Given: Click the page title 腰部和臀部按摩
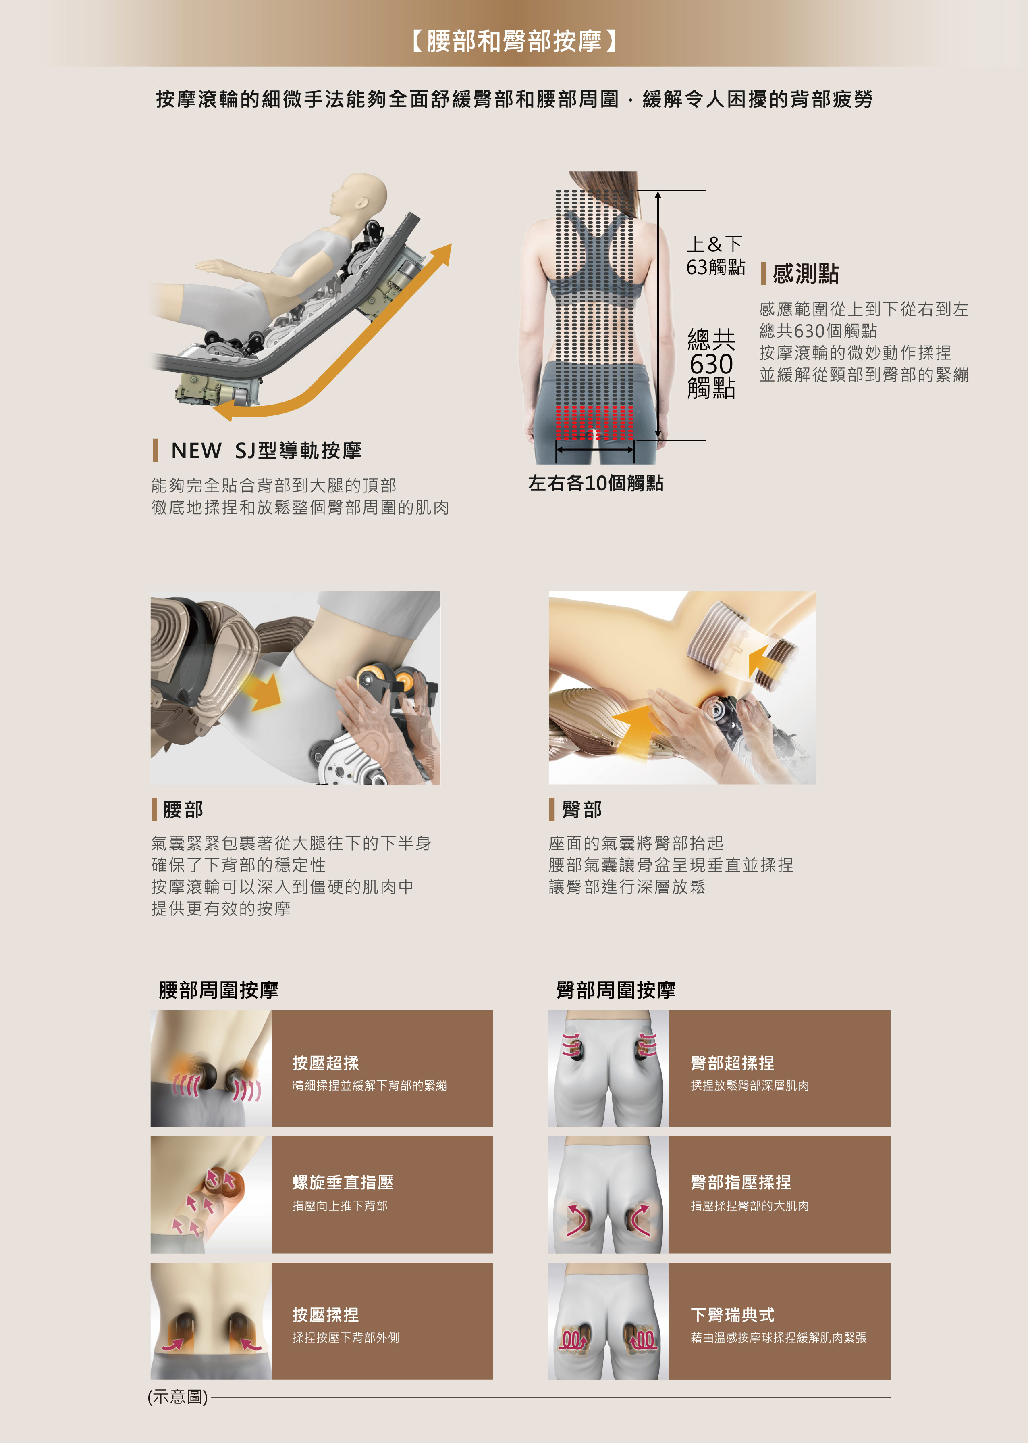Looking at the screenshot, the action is (x=514, y=41).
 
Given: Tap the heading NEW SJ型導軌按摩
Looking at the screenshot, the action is (x=266, y=450).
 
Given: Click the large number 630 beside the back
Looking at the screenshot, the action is (x=712, y=364).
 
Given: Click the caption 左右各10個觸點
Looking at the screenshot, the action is (x=596, y=483).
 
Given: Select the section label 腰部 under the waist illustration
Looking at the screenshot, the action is (x=183, y=809).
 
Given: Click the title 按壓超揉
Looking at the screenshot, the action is (x=325, y=1063).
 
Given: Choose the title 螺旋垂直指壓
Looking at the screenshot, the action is (x=343, y=1182).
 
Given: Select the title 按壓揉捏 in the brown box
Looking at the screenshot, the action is (x=325, y=1315).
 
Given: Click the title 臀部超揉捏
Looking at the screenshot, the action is (x=732, y=1063).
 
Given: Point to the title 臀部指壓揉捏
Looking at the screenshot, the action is (x=741, y=1182).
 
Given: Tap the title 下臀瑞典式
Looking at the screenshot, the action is (x=732, y=1315).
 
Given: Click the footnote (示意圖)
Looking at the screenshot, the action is (x=178, y=1397).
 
